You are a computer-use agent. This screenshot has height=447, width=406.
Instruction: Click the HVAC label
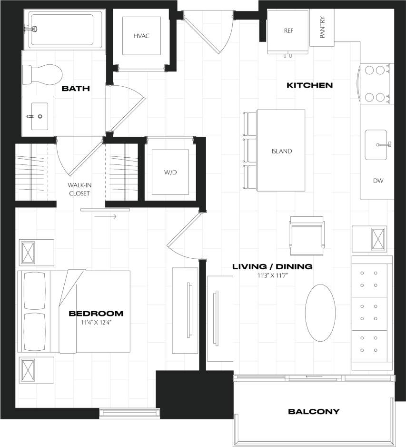[142, 36]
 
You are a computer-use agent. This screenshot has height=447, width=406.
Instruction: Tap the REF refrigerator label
[288, 30]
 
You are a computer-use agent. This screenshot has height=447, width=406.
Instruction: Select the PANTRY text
[322, 28]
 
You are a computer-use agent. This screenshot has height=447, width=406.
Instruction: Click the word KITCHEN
[309, 86]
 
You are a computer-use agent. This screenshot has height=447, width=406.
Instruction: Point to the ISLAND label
[281, 152]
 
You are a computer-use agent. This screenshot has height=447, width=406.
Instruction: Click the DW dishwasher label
[378, 181]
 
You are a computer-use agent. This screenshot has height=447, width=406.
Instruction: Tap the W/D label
[170, 172]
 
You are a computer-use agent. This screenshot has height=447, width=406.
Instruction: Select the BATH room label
[76, 89]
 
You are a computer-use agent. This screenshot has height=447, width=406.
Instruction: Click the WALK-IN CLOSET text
[79, 190]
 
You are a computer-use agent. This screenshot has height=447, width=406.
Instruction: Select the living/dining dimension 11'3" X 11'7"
[272, 275]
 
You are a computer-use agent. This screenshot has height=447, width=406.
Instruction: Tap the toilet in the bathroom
[43, 74]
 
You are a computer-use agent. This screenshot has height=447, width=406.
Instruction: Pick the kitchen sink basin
[376, 144]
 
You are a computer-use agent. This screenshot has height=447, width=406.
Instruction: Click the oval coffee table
[320, 313]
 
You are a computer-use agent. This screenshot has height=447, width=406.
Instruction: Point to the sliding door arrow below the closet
[105, 217]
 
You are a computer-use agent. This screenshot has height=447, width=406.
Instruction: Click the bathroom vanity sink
[37, 115]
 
